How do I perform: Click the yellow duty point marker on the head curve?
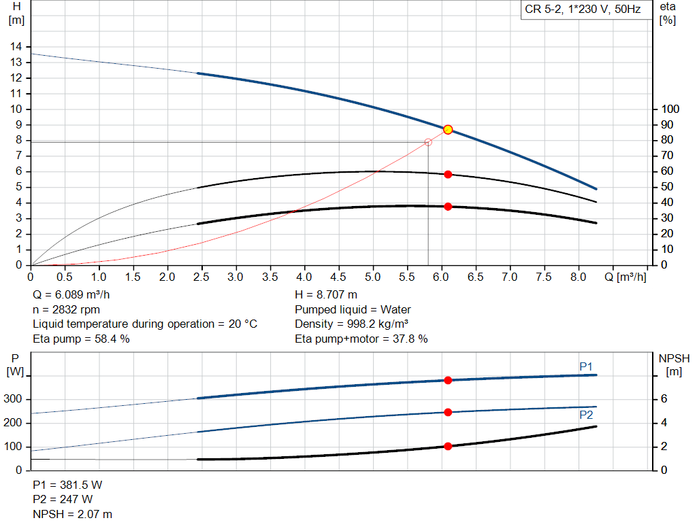[448, 129]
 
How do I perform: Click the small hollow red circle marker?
[428, 142]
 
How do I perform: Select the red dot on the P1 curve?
[448, 381]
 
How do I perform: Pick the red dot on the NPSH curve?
[448, 446]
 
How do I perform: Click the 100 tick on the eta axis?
[671, 109]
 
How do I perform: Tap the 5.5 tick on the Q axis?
[407, 277]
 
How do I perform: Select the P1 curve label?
[586, 366]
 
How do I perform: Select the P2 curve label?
[586, 415]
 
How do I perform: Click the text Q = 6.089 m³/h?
[70, 295]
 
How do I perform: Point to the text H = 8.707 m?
[326, 295]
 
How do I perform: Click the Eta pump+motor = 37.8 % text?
[361, 339]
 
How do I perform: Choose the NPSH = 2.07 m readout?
[73, 514]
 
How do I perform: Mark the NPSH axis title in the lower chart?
[674, 364]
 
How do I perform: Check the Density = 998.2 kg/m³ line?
[352, 324]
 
